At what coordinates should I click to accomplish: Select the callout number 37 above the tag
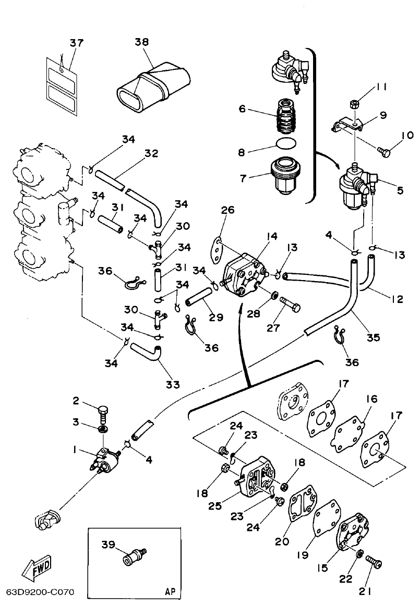point(76,42)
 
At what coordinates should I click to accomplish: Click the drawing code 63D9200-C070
point(40,592)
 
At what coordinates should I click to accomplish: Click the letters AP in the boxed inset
point(170,591)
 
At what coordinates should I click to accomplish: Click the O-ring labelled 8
point(285,142)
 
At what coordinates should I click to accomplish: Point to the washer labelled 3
point(104,429)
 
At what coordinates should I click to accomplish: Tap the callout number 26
point(227,210)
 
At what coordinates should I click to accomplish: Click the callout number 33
point(173,384)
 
